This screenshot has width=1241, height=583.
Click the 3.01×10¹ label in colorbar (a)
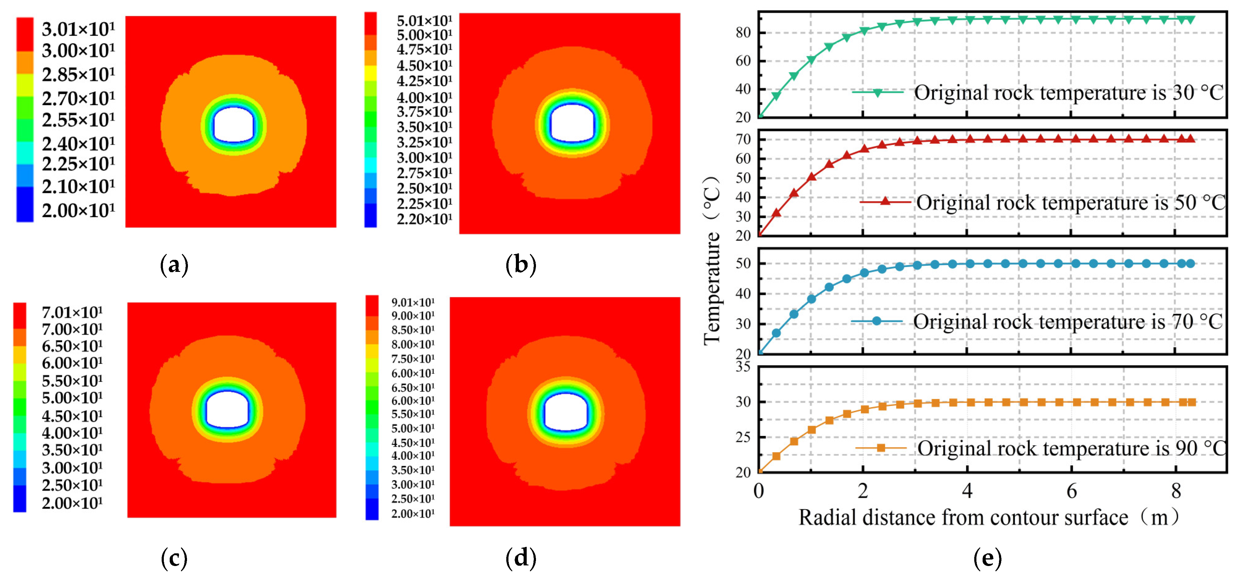(78, 29)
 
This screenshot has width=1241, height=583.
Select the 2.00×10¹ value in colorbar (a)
(78, 210)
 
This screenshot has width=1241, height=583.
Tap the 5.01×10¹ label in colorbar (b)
(424, 21)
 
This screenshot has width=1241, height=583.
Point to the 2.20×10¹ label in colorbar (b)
(424, 219)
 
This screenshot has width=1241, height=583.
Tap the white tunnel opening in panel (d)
(566, 412)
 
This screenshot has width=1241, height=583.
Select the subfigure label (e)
(987, 558)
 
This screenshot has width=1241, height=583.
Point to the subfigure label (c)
(174, 558)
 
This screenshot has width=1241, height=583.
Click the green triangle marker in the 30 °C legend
(878, 92)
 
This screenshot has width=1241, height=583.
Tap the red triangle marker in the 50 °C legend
(885, 201)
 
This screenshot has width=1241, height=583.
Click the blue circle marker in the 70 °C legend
(877, 321)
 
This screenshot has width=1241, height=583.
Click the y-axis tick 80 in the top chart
(743, 33)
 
